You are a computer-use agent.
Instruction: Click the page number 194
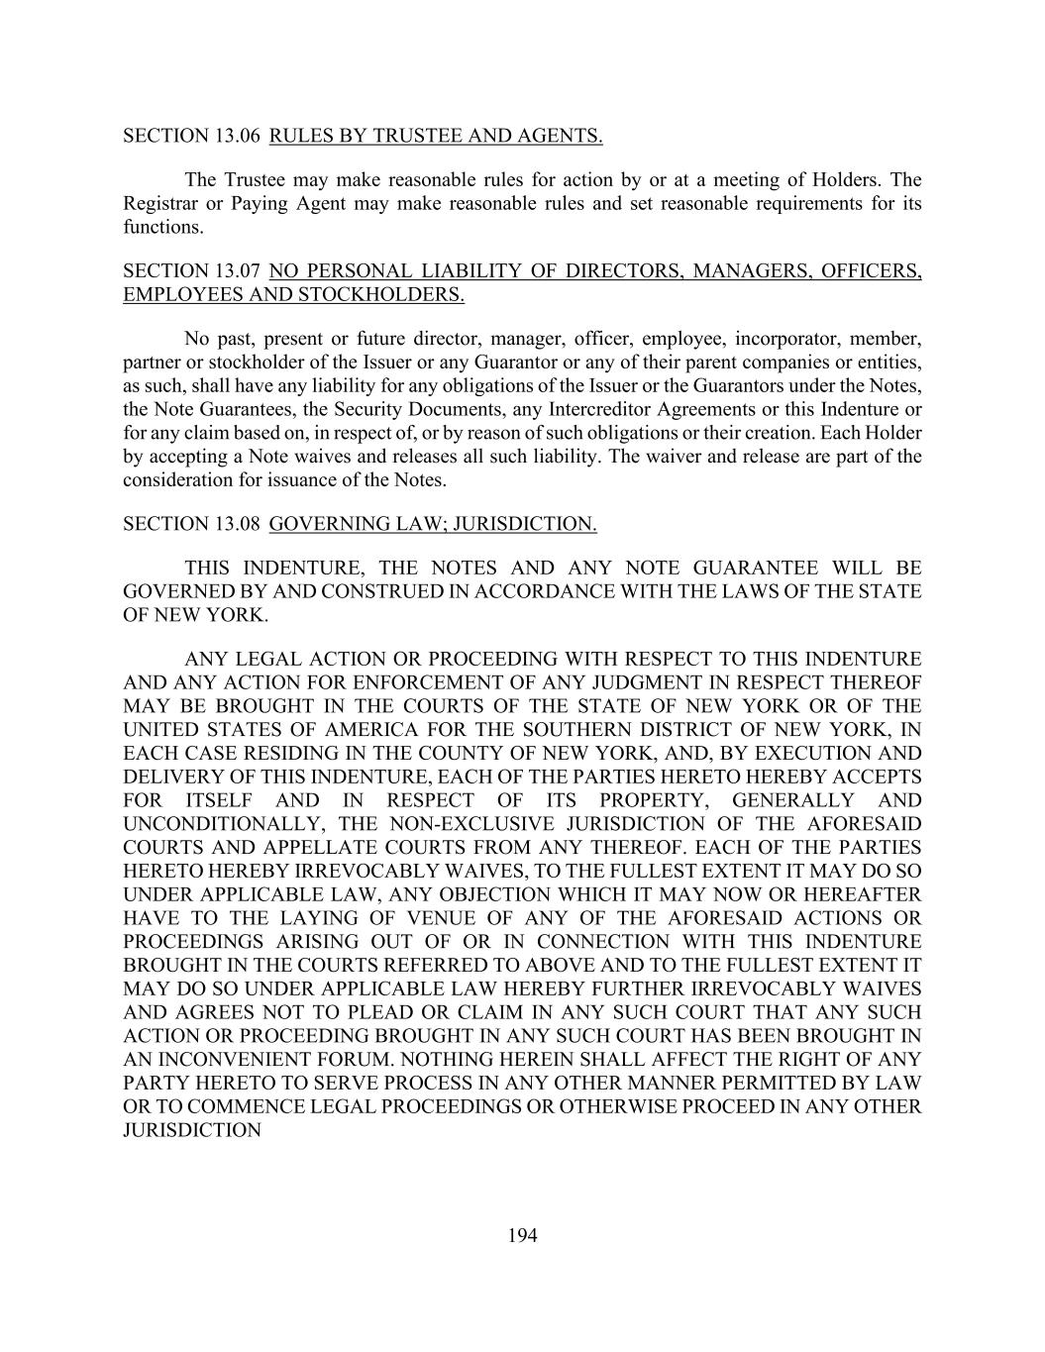(x=522, y=1235)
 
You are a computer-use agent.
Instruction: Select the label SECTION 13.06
(x=180, y=136)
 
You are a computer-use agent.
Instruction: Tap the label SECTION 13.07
(x=180, y=271)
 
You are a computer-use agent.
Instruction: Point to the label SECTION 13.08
(x=180, y=524)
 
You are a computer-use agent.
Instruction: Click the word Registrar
(x=158, y=204)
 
